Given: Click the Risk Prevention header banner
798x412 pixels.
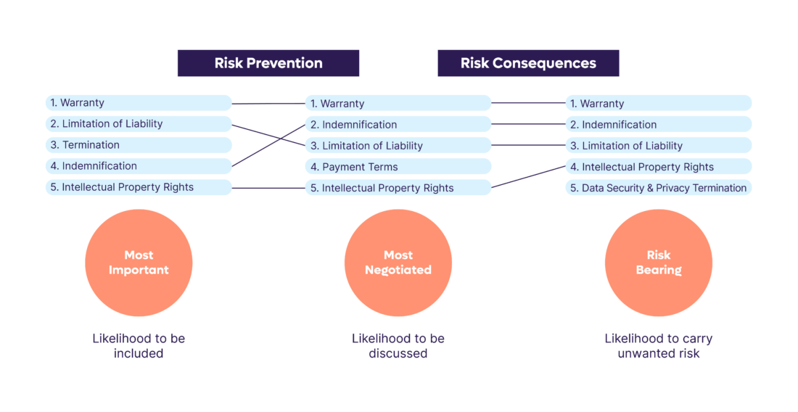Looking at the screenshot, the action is point(268,63).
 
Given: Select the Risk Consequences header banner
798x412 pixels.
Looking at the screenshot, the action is point(528,63).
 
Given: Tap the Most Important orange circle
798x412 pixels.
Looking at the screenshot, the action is point(139,263).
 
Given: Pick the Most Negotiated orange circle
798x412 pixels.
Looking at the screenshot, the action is point(398,263).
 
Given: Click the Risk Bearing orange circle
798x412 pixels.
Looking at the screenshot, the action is point(659,263).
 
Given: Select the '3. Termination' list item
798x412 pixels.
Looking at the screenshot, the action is point(139,145).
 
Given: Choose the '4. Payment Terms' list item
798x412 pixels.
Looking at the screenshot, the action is point(398,166).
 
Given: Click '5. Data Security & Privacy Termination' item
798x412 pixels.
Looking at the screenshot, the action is point(659,188).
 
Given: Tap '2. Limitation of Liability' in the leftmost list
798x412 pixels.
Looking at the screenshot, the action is point(139,123).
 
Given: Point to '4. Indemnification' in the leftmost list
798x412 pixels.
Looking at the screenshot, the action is point(139,166).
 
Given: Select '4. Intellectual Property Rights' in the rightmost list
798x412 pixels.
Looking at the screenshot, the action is point(659,166).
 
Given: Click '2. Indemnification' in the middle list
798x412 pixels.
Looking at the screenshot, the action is point(398,124).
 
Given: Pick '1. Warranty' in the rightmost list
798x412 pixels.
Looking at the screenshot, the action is point(659,103).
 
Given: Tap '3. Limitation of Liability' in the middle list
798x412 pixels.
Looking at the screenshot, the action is point(398,146).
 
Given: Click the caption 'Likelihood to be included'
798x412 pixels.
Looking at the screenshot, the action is point(139,346).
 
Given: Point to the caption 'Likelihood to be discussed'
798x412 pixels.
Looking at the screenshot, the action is point(398,346).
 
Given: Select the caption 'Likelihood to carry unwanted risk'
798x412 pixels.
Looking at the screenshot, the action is point(659,346).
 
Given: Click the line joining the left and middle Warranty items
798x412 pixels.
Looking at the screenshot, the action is point(268,103).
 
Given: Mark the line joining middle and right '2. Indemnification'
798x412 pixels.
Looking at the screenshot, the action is point(528,123).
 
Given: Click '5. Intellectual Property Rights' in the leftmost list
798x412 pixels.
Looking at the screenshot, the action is point(139,187).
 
